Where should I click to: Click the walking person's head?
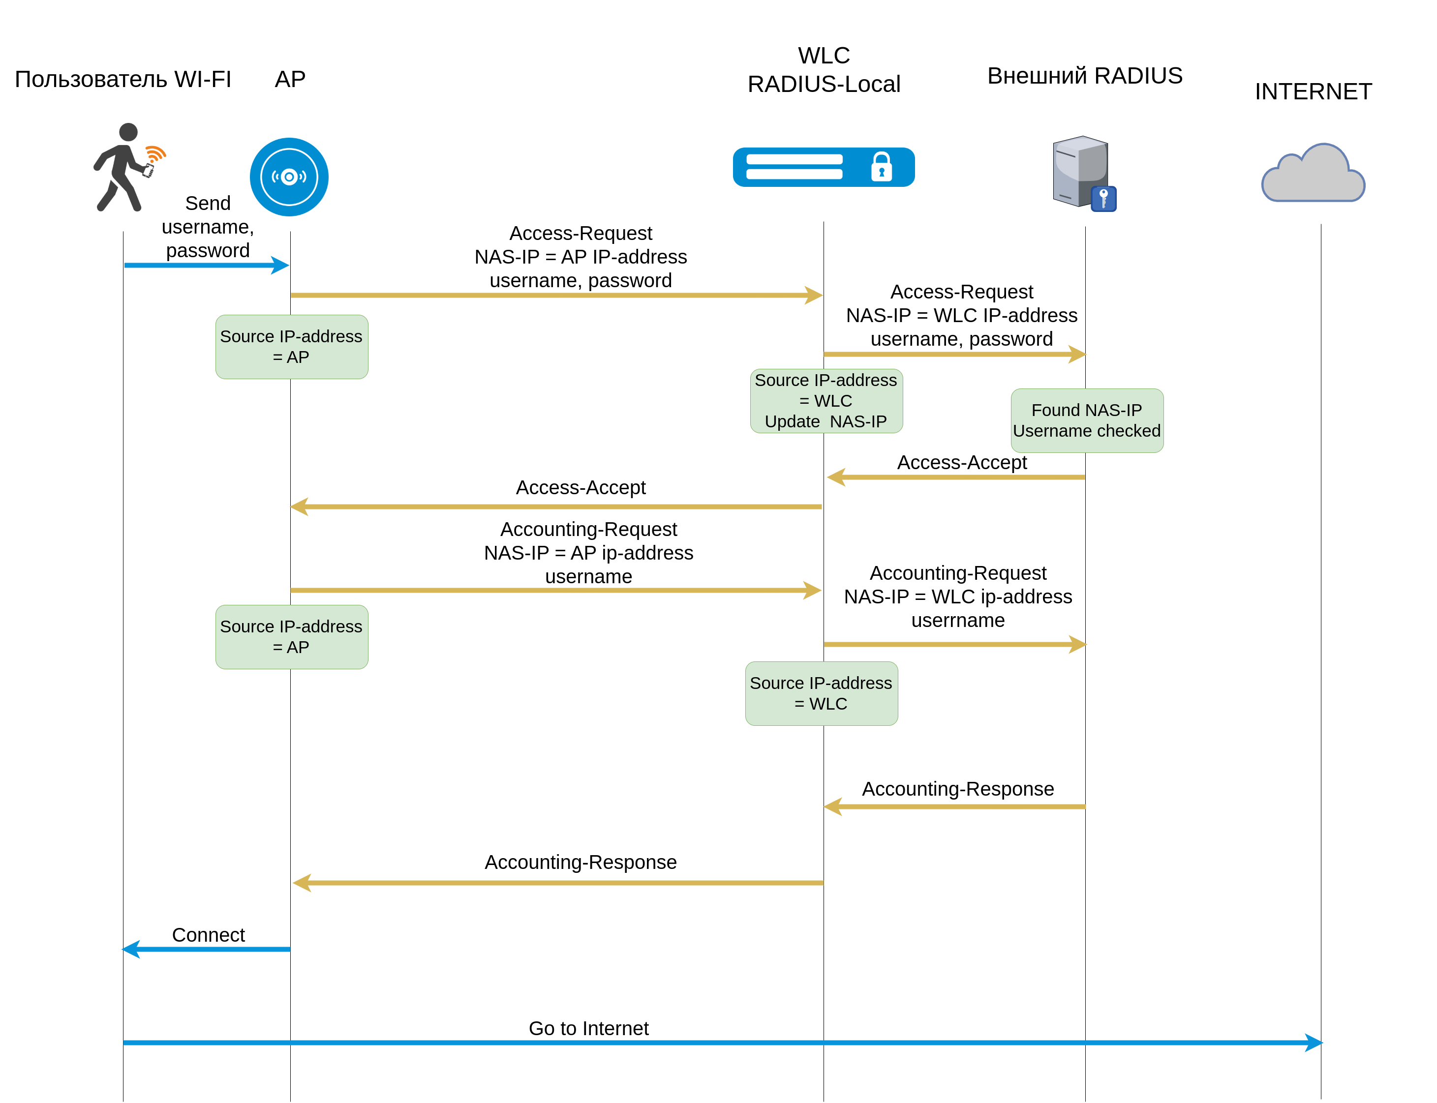[x=129, y=132]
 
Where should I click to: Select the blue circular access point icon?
[x=289, y=177]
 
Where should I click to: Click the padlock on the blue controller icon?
[x=882, y=167]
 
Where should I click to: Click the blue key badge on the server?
[x=1104, y=198]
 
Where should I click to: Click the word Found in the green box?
[x=1055, y=410]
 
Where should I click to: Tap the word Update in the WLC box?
[x=792, y=421]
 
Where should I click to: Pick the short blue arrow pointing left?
[x=206, y=950]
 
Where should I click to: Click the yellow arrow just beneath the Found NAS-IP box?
[x=955, y=477]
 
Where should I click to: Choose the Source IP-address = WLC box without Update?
[x=822, y=693]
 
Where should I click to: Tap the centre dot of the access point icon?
[x=289, y=177]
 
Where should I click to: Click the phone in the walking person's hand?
[x=149, y=171]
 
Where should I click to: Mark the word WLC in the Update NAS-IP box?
[x=833, y=401]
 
